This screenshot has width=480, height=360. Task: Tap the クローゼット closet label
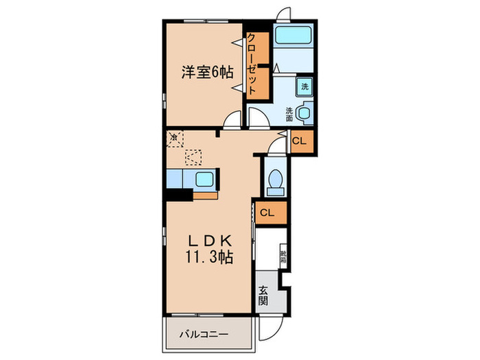[x=252, y=63]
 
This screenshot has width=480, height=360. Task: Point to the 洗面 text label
[x=289, y=113]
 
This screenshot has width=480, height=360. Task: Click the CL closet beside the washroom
[x=299, y=141]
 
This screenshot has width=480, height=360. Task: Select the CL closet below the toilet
[x=269, y=213]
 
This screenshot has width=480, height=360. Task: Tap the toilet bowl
[x=275, y=180]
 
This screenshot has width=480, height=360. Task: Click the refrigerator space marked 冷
[x=175, y=137]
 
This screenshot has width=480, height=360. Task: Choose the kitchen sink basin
[x=205, y=180]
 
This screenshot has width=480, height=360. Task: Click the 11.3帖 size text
[x=209, y=259]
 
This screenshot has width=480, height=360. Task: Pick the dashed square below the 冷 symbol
[x=194, y=158]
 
